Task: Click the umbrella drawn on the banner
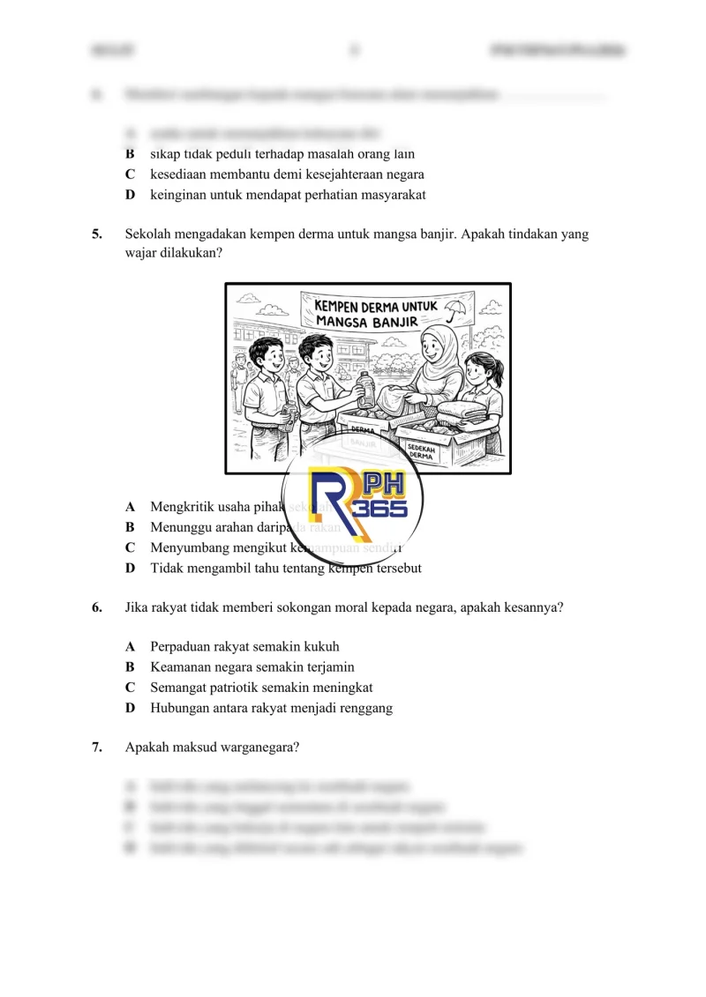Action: tap(455, 309)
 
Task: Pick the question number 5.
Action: tap(96, 234)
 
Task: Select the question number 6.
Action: tap(96, 608)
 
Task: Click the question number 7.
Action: tap(96, 747)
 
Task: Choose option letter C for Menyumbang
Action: tap(131, 547)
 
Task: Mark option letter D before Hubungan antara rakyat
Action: tap(131, 708)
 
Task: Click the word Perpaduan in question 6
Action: tap(180, 647)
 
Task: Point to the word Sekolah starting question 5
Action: tap(148, 234)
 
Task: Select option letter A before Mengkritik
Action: tap(131, 507)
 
